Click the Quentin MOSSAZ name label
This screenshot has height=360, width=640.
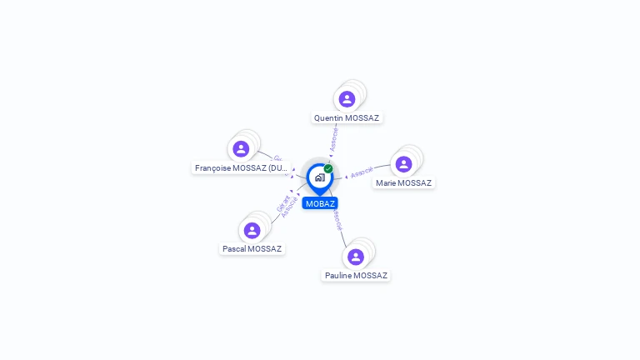(347, 118)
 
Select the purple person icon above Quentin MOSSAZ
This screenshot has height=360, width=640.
(347, 99)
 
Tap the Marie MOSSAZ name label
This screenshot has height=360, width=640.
(403, 183)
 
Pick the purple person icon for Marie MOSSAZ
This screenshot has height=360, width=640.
(404, 164)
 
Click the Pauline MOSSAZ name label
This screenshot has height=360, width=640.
(356, 276)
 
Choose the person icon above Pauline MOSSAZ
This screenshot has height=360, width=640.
(356, 257)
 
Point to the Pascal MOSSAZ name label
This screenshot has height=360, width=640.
(252, 249)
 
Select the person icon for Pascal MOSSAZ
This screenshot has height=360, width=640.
(252, 230)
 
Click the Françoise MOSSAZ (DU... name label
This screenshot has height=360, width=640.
(241, 168)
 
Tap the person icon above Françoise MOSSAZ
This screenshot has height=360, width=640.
(242, 149)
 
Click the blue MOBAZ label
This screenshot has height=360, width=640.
(320, 203)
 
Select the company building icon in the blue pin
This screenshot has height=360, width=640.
(319, 177)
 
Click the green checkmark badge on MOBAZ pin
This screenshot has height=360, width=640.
(328, 168)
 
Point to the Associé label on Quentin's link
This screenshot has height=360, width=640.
(334, 138)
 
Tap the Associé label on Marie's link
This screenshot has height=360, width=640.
(362, 172)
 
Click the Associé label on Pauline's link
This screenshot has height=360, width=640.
(336, 220)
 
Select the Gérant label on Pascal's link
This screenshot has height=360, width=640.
(282, 202)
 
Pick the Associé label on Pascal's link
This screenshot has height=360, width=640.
(290, 207)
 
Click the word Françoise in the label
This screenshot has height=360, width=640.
(213, 168)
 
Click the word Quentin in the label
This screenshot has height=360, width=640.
(328, 118)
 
